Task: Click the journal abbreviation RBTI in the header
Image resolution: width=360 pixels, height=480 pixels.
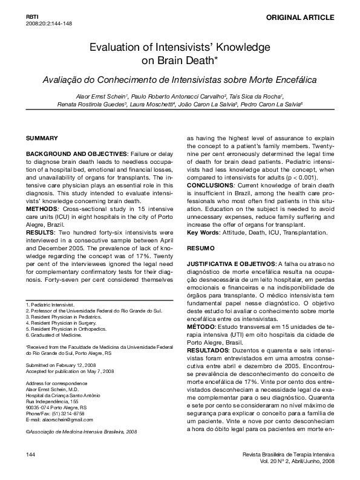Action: point(32,15)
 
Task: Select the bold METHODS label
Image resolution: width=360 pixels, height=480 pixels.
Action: point(41,209)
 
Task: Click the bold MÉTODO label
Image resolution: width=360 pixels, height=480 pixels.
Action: point(203,327)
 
